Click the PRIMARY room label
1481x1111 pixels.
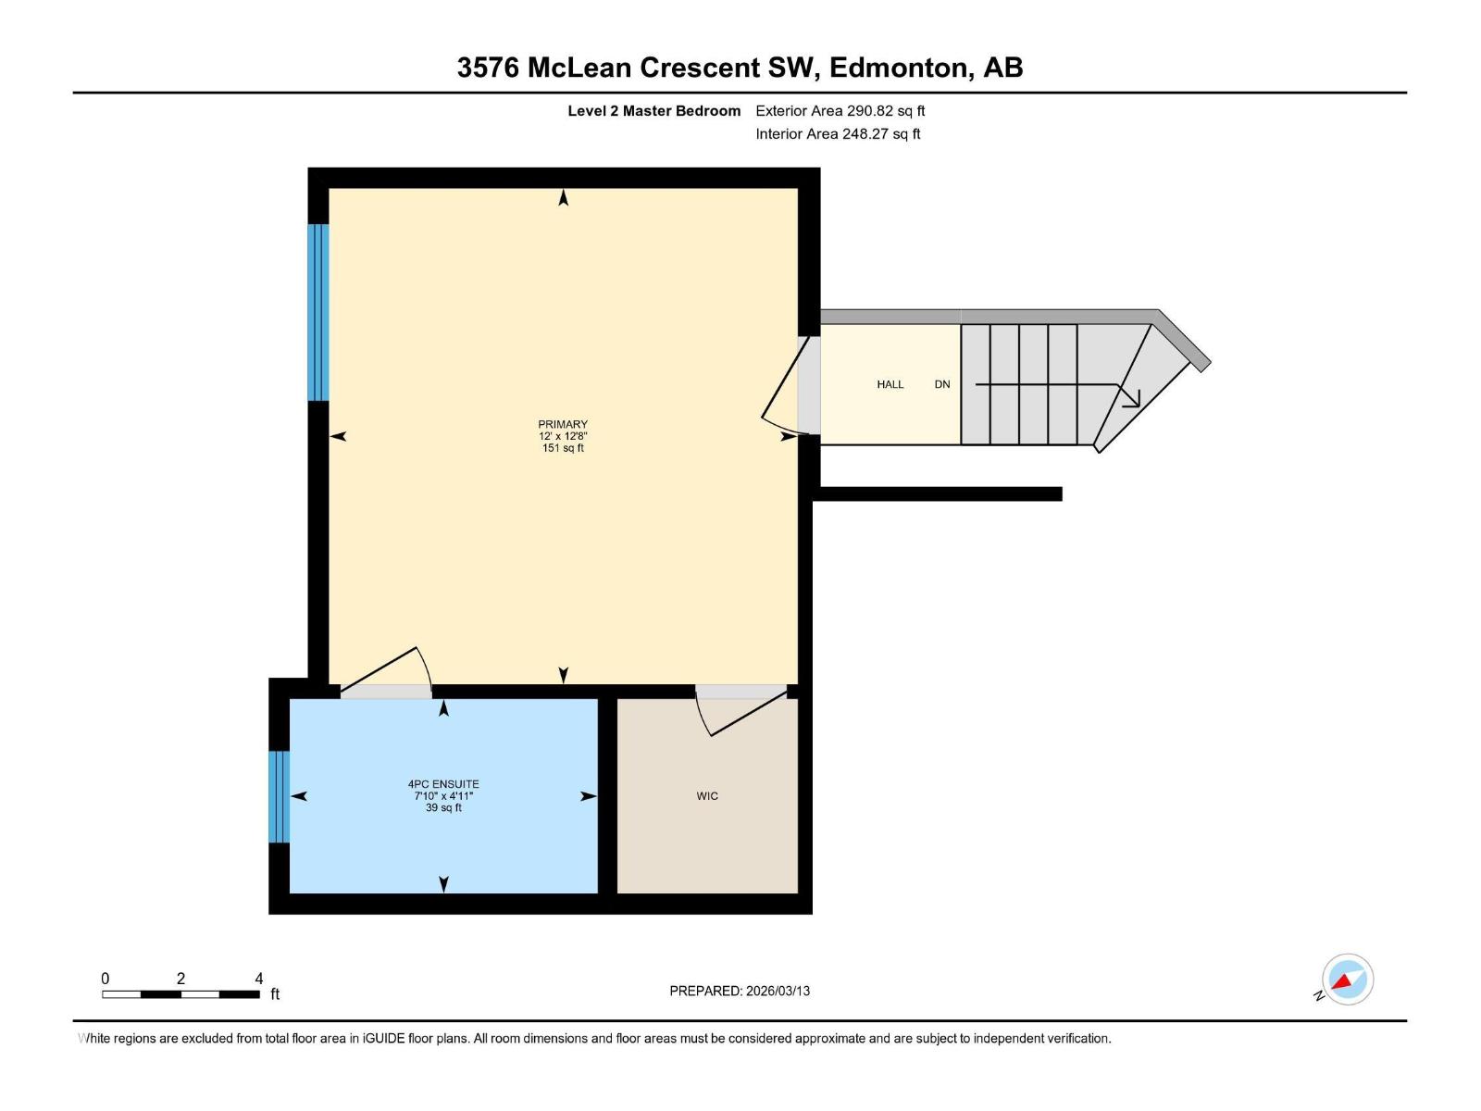coord(563,425)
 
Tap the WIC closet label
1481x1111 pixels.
coord(707,796)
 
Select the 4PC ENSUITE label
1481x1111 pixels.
coord(443,784)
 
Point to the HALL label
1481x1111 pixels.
coord(890,384)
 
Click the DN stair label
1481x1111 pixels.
coord(942,384)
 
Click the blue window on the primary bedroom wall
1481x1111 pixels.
coord(317,312)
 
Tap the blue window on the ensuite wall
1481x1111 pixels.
coord(279,796)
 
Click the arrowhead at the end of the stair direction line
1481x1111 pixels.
coord(1131,398)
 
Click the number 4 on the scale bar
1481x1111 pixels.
coord(259,979)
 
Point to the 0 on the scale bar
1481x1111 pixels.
coord(106,979)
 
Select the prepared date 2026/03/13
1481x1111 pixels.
coord(778,991)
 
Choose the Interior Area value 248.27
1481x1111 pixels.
coord(865,134)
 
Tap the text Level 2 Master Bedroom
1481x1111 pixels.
coord(653,111)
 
